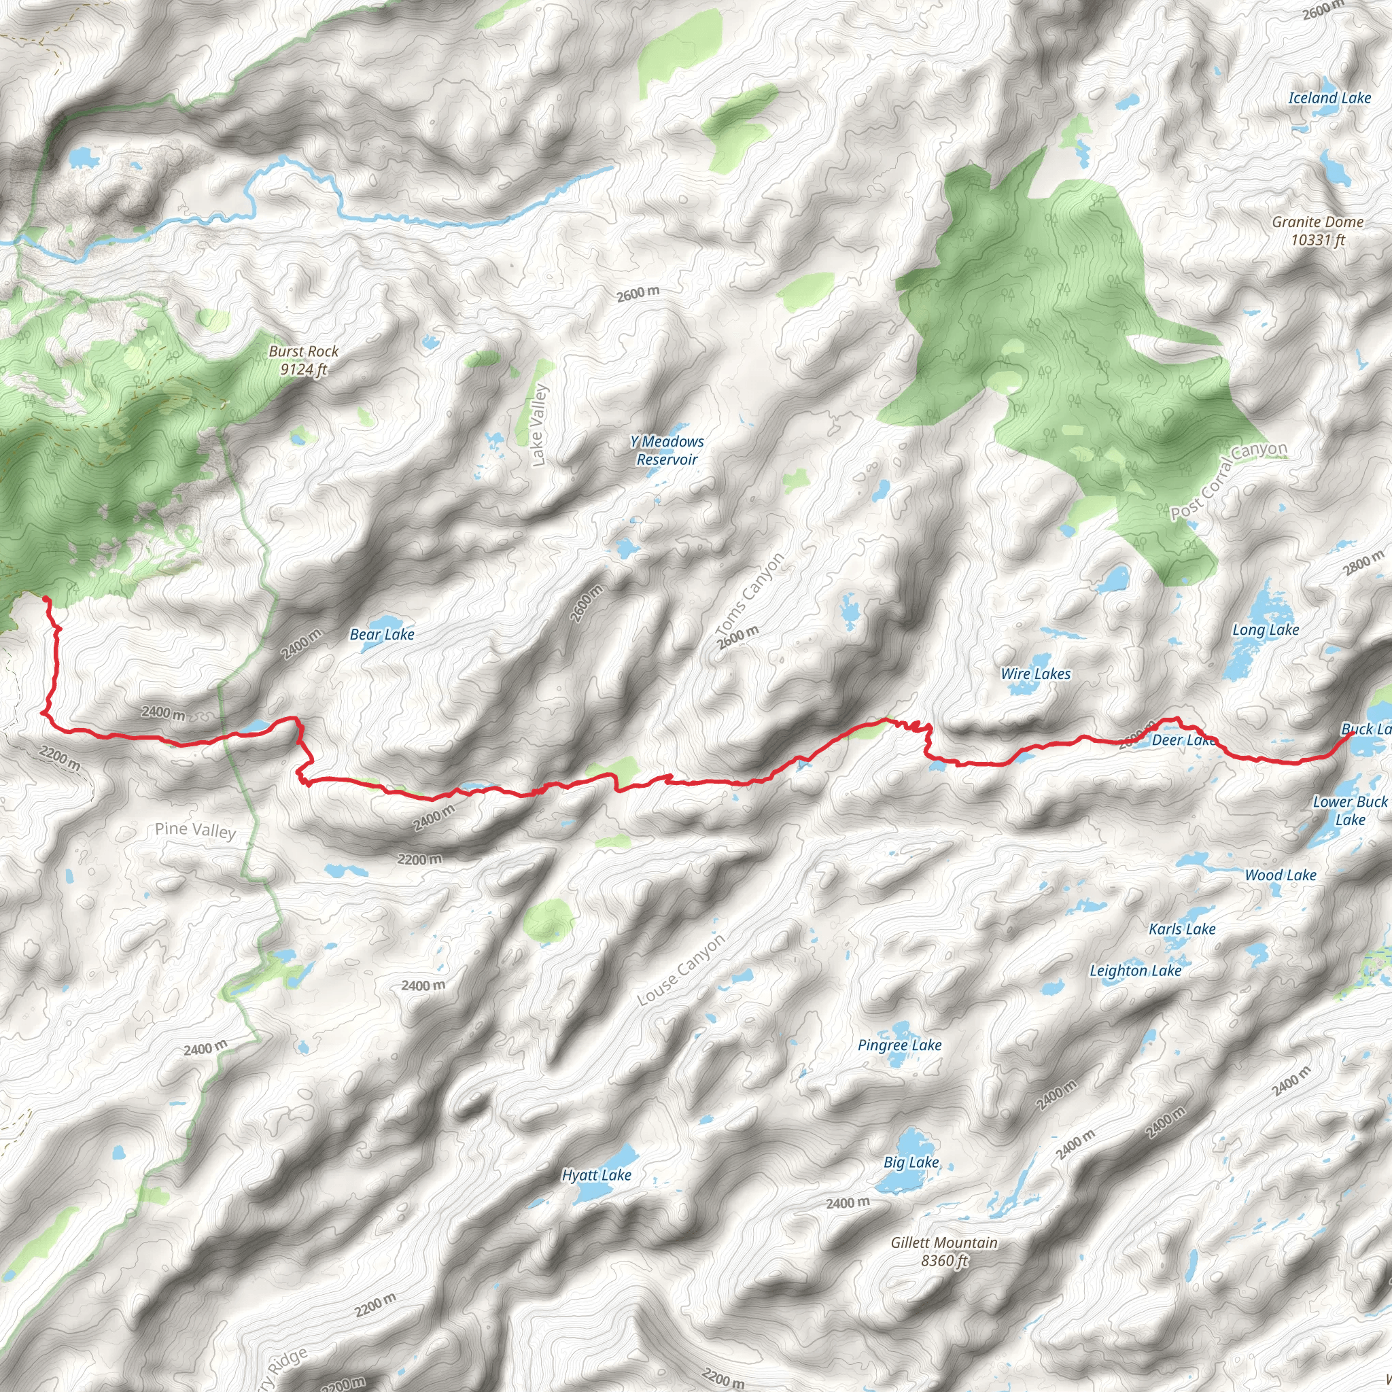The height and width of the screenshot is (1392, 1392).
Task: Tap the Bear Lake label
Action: pos(382,635)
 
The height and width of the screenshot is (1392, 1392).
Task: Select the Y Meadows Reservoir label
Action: pos(667,451)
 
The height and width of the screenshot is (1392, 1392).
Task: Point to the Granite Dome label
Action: pos(1317,230)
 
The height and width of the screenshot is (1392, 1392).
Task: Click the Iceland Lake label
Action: pos(1329,98)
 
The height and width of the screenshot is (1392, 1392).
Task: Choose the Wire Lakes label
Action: pos(1035,674)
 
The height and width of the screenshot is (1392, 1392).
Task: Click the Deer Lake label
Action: pos(1184,741)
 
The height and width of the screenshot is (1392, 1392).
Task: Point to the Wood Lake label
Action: pos(1281,875)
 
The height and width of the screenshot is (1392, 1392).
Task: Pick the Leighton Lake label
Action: pos(1135,971)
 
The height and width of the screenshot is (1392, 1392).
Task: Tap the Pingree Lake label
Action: pos(899,1045)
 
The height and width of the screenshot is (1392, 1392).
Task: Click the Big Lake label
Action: pos(911,1163)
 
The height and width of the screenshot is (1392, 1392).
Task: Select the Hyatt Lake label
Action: pos(597,1176)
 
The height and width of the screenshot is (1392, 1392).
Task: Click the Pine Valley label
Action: pos(195,830)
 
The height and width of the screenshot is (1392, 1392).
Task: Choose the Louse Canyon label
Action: pos(681,971)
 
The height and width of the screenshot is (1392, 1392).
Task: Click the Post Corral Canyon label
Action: pos(1228,481)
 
